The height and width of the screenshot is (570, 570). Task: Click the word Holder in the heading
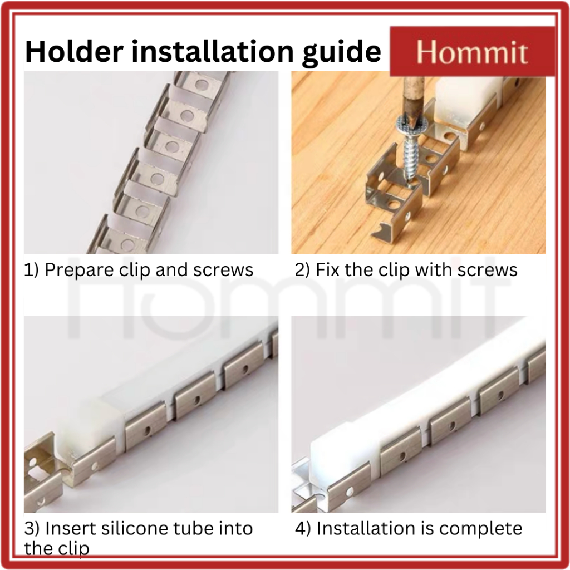coord(74,51)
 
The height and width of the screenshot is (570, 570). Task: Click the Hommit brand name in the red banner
coord(472,52)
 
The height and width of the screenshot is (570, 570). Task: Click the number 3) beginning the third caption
coord(32,529)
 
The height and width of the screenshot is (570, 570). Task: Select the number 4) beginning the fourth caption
coord(303,529)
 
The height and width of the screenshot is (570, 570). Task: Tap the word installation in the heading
coord(212,51)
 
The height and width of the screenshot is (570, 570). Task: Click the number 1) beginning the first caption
coord(31,270)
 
